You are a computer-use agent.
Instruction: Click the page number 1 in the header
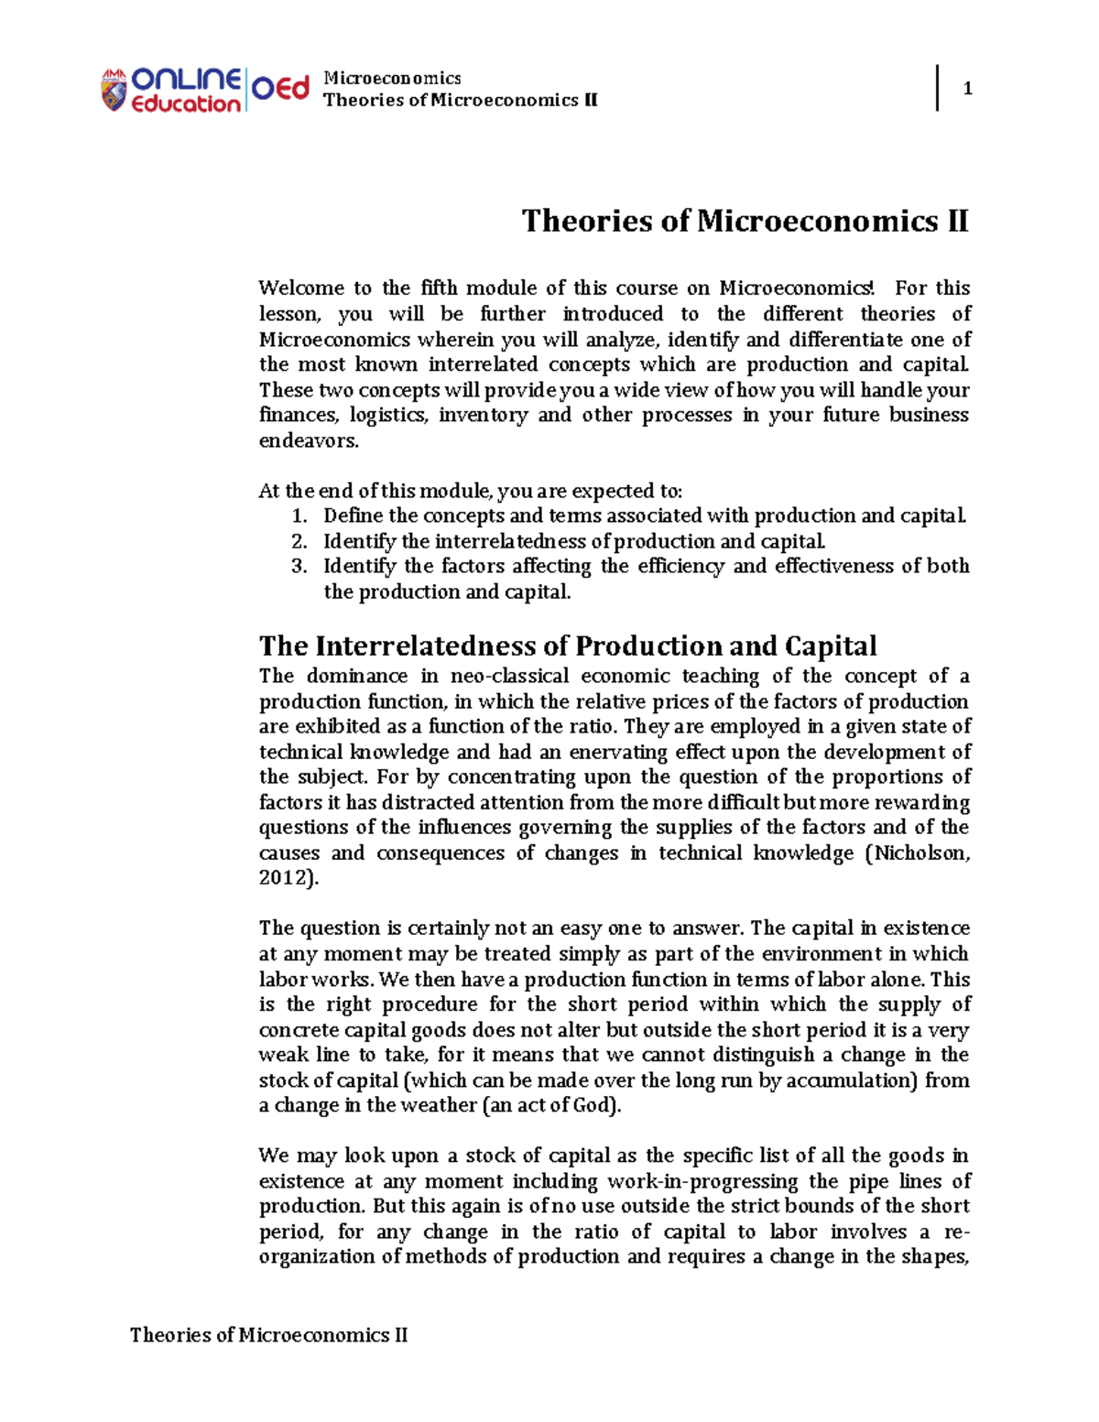coord(967,89)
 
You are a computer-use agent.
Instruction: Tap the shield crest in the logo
coord(114,91)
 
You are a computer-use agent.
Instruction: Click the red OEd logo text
coord(280,90)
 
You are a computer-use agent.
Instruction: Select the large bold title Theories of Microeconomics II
coord(745,222)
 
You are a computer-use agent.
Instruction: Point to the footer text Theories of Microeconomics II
coord(268,1335)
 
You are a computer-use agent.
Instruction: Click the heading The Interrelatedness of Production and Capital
coord(568,646)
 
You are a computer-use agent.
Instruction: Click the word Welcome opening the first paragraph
coord(300,288)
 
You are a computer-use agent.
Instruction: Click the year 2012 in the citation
coord(283,878)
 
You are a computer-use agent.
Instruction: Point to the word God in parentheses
coord(596,1105)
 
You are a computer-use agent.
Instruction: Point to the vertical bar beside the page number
coord(937,88)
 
